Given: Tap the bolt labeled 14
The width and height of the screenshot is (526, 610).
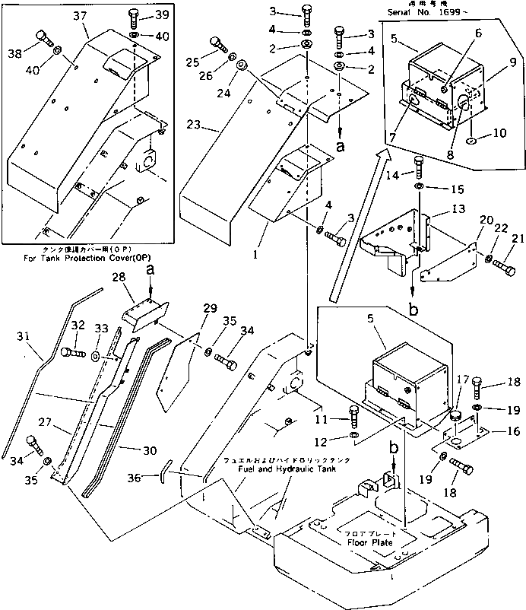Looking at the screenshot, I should pyautogui.click(x=418, y=164).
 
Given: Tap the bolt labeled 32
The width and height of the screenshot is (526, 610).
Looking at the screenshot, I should pyautogui.click(x=71, y=353).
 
